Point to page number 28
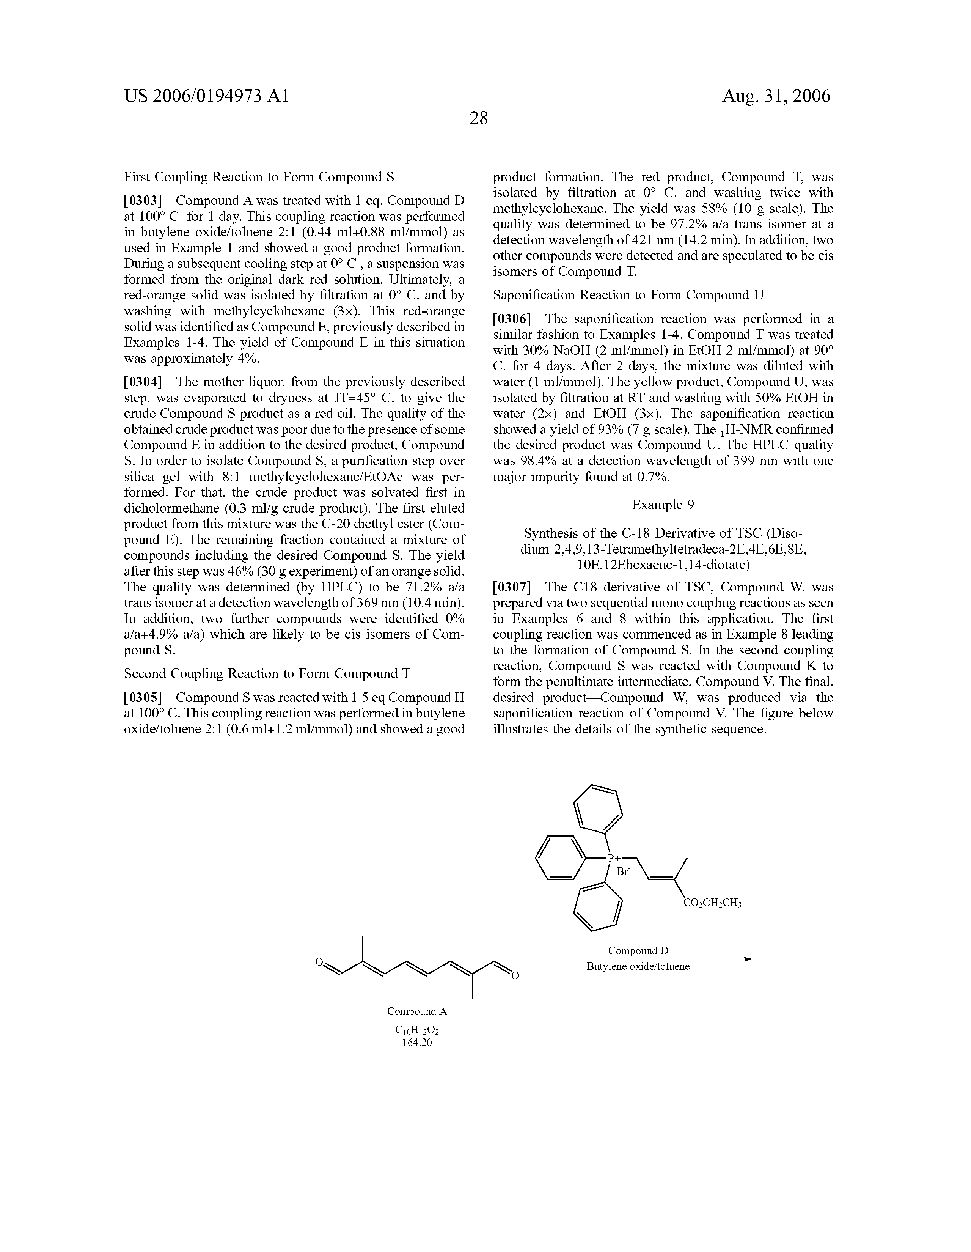click(x=479, y=119)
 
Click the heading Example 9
click(x=663, y=505)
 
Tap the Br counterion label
click(x=623, y=872)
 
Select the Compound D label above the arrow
click(x=638, y=951)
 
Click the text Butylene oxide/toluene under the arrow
click(x=638, y=967)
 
